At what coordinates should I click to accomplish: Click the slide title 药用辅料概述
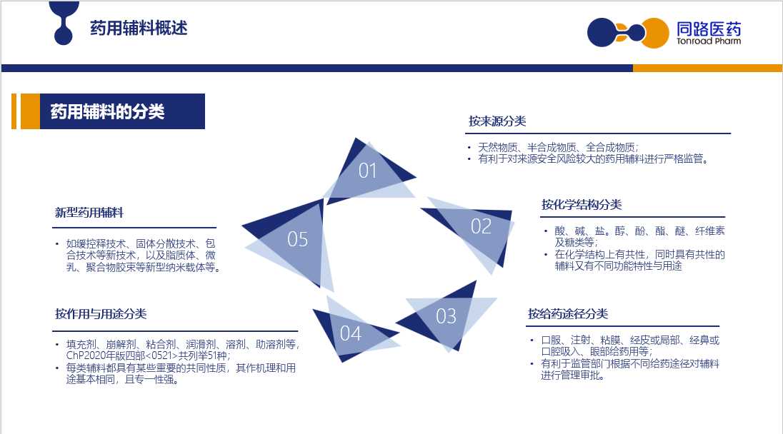(x=139, y=28)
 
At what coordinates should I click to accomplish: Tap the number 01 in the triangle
(x=367, y=171)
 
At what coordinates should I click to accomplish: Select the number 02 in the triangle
(x=481, y=226)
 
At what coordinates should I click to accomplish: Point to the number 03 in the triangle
(x=446, y=316)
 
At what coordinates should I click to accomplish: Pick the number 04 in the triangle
(x=351, y=334)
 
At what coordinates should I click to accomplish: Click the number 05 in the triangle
(x=298, y=239)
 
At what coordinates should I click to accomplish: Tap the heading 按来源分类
(x=497, y=121)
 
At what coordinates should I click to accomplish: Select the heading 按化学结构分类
(x=582, y=205)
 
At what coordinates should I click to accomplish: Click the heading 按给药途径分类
(x=568, y=314)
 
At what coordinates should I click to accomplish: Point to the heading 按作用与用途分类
(x=101, y=314)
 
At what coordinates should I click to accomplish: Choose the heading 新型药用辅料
(x=89, y=213)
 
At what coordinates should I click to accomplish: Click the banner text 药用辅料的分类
(x=107, y=111)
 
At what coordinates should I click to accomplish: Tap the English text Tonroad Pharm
(x=709, y=41)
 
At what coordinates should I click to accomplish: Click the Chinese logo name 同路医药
(x=709, y=29)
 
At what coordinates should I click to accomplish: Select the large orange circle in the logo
(x=655, y=33)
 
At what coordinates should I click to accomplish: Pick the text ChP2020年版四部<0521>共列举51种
(x=147, y=355)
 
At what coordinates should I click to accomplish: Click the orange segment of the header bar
(x=707, y=68)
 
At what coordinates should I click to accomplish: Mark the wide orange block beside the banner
(x=31, y=111)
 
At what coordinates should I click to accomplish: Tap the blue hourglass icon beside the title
(x=64, y=23)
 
